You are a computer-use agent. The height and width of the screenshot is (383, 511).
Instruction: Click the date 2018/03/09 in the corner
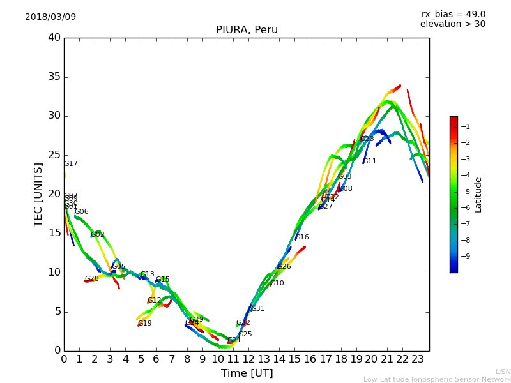tap(50, 17)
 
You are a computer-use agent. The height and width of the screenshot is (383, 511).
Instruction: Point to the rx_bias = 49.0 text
tap(453, 14)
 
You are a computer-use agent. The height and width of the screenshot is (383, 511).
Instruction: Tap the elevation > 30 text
tap(452, 24)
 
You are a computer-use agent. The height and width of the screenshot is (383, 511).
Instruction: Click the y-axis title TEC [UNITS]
tap(38, 194)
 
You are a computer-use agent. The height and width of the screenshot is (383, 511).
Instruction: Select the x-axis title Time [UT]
tap(247, 373)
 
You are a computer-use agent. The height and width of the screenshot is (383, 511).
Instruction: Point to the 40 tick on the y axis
tap(54, 38)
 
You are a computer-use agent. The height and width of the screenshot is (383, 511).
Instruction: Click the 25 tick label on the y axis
tap(54, 155)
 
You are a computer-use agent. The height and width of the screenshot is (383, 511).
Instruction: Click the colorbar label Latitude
tap(478, 194)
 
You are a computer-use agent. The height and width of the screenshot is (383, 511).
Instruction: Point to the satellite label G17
tap(70, 164)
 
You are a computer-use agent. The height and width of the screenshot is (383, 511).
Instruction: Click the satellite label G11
tap(370, 161)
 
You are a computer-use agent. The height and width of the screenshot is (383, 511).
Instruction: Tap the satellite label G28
tap(92, 279)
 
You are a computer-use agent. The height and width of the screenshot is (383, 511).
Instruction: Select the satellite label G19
tap(145, 324)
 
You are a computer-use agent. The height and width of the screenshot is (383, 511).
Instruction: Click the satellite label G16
tap(302, 237)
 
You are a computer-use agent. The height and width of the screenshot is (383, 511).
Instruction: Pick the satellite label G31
tap(258, 309)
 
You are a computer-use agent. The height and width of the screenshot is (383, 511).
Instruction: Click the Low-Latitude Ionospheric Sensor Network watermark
tap(437, 379)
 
